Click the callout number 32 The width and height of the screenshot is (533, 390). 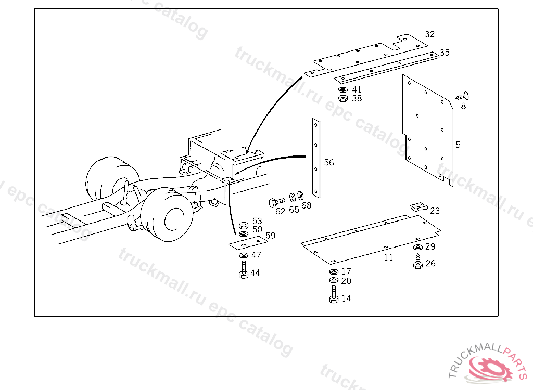[x=429, y=34]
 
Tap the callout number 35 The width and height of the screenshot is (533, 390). [x=445, y=53]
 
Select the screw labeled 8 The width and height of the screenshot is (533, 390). [x=462, y=97]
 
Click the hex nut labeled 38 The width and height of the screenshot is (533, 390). [x=344, y=98]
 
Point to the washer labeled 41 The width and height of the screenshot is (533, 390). [x=344, y=89]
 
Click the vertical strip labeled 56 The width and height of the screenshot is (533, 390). [x=316, y=158]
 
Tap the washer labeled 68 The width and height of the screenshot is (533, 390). [x=300, y=196]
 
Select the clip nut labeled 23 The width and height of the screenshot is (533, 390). [x=418, y=206]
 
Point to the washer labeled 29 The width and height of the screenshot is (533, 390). [x=418, y=247]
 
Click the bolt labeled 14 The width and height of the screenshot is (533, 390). [x=334, y=295]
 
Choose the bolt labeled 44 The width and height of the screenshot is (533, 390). [x=244, y=270]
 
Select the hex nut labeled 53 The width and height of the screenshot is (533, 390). [x=244, y=225]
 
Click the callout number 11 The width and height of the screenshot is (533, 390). [x=388, y=258]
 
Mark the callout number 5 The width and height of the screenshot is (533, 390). [x=458, y=145]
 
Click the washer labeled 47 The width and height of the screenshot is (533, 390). [x=244, y=255]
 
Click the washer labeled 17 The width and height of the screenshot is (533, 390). [x=334, y=272]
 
